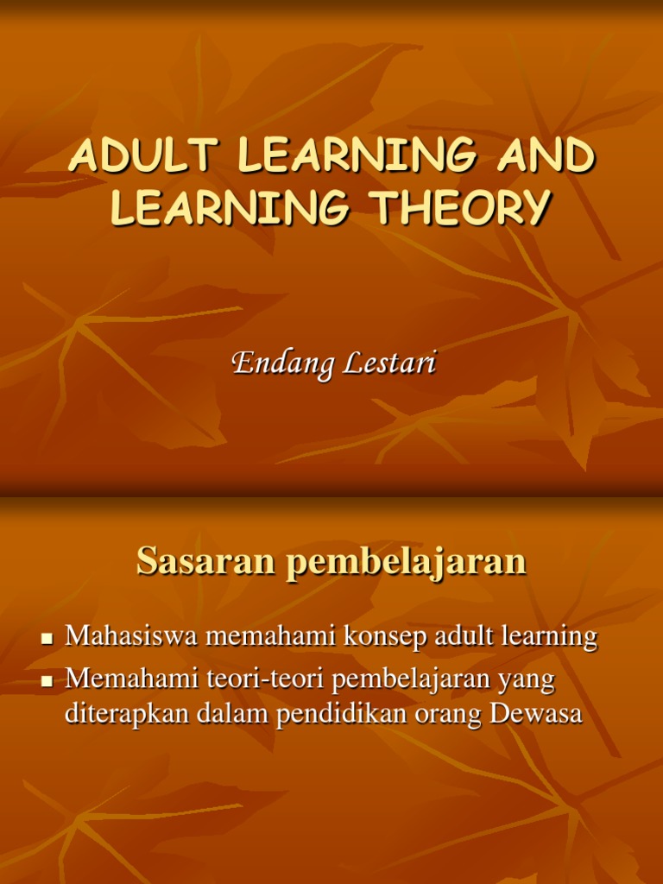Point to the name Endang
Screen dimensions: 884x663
281,363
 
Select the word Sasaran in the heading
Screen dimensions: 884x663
205,563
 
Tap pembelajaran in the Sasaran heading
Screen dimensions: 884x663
405,563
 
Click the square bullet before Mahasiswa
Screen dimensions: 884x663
48,639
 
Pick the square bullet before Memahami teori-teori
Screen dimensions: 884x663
48,682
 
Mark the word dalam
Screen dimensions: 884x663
234,716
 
